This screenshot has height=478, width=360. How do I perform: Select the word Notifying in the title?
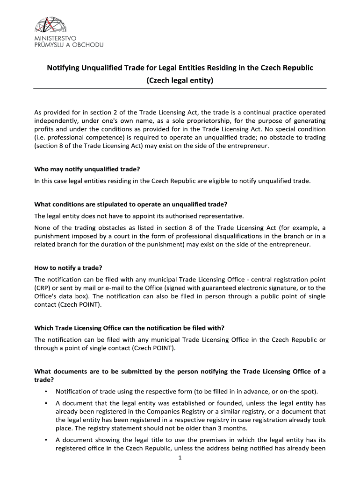pos(63,68)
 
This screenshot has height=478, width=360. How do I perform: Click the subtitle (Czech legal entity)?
pos(180,80)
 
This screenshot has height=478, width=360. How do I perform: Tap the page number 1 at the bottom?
pos(180,458)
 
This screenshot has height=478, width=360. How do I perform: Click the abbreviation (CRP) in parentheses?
pos(43,288)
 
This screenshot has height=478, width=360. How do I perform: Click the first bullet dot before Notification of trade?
pos(45,391)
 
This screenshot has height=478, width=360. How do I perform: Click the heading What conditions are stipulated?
pos(131,204)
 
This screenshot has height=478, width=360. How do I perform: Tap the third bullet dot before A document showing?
pos(45,440)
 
